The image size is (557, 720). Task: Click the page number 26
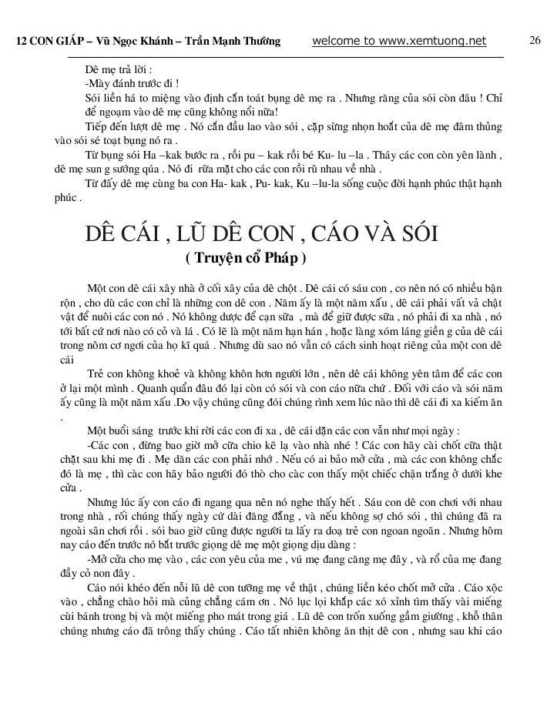(536, 41)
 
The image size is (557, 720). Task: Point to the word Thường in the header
(258, 42)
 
